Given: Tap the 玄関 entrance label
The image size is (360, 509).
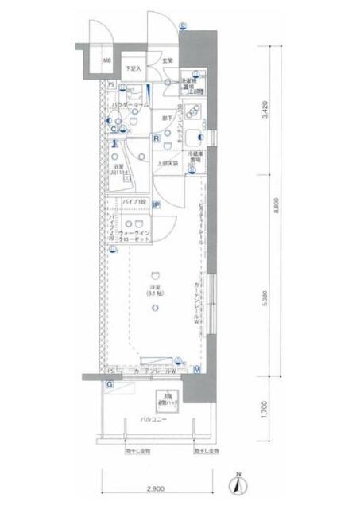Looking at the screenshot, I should tap(168, 61).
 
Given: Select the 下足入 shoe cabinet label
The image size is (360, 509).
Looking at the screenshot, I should tap(131, 69).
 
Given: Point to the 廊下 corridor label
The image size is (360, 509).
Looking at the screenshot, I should tap(168, 119).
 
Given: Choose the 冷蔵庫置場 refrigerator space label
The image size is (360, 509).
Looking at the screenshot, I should tap(195, 157).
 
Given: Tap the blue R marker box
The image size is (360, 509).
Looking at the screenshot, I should tap(157, 139).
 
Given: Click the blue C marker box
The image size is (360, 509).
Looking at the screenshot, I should tap(114, 130).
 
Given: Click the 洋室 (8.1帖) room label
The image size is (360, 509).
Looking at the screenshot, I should tap(153, 290).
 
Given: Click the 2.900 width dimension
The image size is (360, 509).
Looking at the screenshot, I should tap(157, 486).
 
